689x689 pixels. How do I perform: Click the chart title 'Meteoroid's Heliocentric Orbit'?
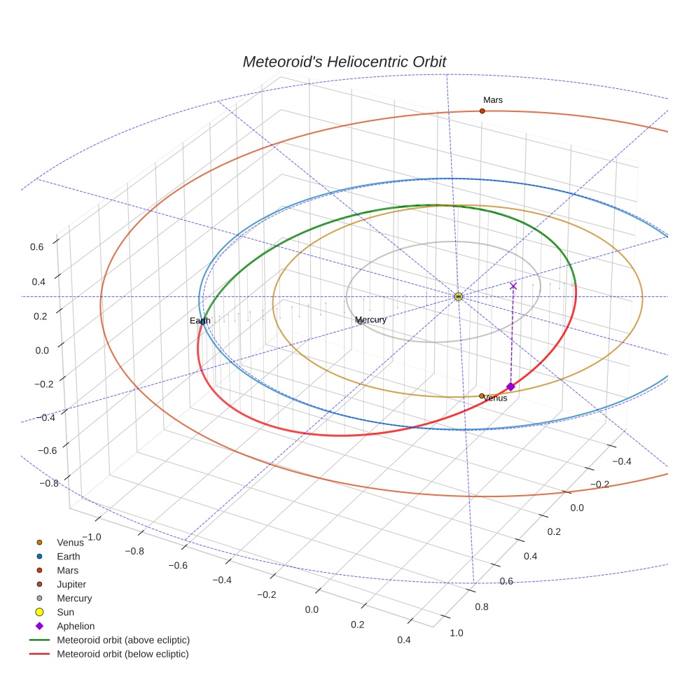coord(344,62)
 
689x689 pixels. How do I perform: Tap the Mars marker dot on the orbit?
coord(482,111)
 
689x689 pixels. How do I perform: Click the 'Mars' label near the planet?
coord(492,100)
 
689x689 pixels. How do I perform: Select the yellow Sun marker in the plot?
coord(458,297)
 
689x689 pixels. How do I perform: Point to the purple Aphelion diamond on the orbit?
coord(510,387)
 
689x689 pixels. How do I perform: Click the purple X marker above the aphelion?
coord(513,286)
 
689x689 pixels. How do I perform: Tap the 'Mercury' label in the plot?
coord(370,320)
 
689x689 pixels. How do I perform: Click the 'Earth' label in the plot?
coord(200,321)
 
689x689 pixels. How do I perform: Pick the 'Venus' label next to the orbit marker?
coord(496,398)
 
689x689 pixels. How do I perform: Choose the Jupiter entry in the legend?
coord(71,584)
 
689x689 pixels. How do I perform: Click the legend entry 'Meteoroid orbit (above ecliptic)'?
coord(123,640)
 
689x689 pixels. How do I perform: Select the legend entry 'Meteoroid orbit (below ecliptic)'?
coord(123,654)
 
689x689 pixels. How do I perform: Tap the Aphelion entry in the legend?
coord(75,626)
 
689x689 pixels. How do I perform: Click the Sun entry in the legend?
coord(65,612)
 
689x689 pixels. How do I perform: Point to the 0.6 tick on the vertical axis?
coord(36,246)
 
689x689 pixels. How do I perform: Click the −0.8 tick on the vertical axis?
coord(48,483)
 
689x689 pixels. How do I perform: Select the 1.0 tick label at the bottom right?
coord(456,633)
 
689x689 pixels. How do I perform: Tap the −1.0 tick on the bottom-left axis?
coord(90,536)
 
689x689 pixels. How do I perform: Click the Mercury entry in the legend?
coord(74,598)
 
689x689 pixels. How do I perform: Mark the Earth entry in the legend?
coord(68,557)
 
